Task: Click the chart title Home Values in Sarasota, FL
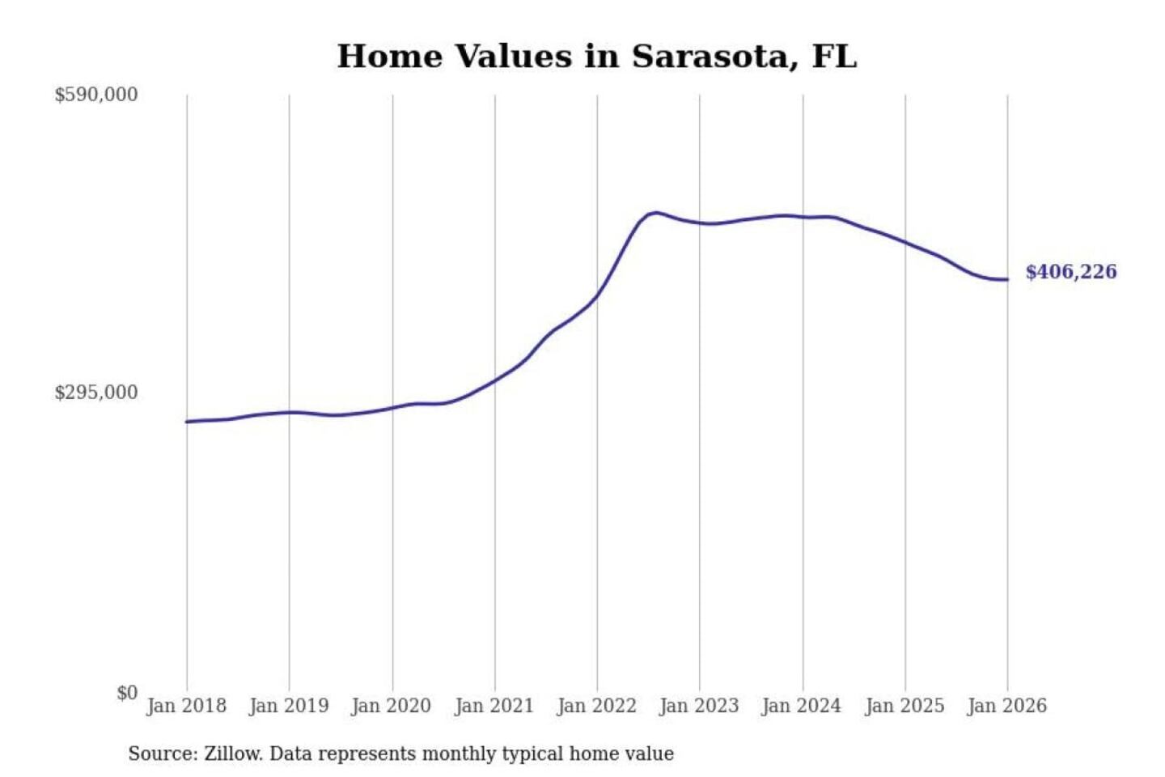tap(596, 57)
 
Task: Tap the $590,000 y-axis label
tap(95, 95)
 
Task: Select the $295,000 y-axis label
tap(95, 393)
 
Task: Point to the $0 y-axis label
tap(127, 693)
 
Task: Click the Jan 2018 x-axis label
tap(186, 706)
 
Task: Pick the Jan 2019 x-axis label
tap(289, 706)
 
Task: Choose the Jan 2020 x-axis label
tap(392, 706)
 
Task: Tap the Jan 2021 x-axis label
tap(494, 706)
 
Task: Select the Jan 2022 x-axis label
tap(597, 706)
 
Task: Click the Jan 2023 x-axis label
tap(699, 706)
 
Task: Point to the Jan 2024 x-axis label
tap(802, 706)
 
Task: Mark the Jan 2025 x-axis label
tap(904, 706)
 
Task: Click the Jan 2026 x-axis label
tap(1007, 706)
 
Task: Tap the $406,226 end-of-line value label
tap(1071, 272)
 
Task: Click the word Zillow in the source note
tap(232, 754)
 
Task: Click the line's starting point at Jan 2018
tap(187, 422)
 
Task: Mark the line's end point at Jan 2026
tap(1007, 280)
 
